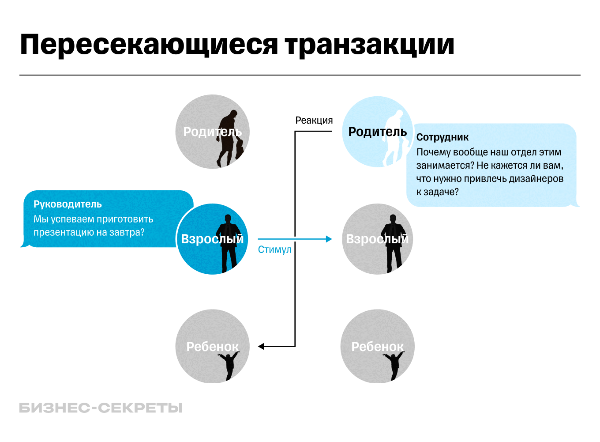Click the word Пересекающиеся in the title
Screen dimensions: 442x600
click(149, 45)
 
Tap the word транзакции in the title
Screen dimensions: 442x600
click(369, 45)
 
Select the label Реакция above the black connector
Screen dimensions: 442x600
click(314, 121)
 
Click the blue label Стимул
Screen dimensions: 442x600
click(274, 250)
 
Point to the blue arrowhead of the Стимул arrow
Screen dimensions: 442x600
click(329, 239)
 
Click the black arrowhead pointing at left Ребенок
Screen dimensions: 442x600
click(261, 347)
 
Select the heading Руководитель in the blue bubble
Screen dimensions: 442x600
click(67, 204)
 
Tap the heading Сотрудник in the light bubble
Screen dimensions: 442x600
click(442, 137)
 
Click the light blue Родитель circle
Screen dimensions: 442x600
click(377, 132)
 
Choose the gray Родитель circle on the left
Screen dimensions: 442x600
click(212, 132)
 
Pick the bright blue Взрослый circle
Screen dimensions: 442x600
click(212, 239)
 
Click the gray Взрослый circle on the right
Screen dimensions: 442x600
click(377, 239)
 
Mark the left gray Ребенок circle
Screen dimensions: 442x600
click(212, 347)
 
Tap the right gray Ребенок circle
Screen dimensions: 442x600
click(377, 347)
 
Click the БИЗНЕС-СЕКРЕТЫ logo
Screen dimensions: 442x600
click(101, 408)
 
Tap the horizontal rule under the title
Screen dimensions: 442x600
click(300, 75)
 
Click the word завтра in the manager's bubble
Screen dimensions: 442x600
click(126, 233)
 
